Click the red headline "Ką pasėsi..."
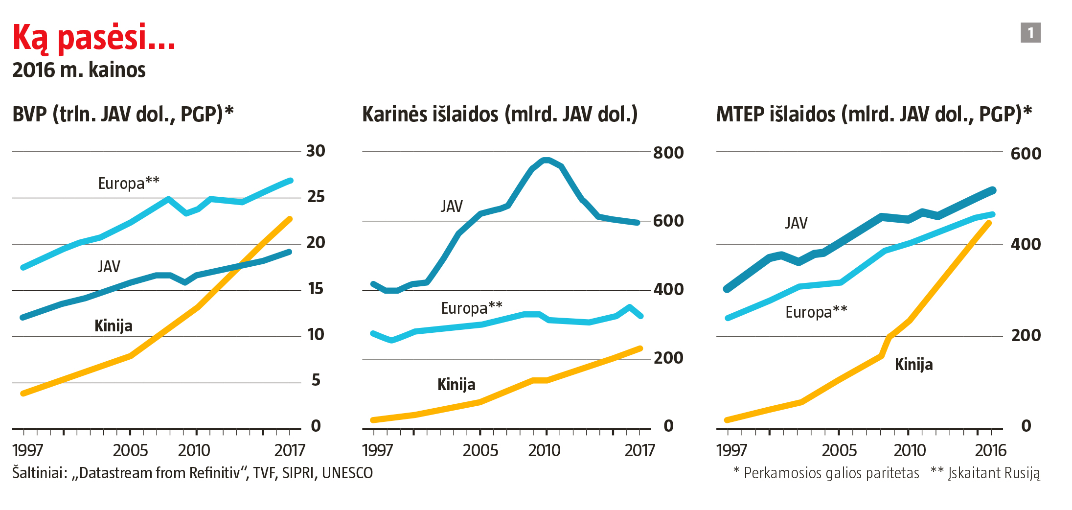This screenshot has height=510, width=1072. point(93,37)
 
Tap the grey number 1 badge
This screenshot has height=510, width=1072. point(1030,33)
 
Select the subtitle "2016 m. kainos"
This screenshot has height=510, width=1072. point(79,70)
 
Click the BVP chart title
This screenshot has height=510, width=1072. point(123,114)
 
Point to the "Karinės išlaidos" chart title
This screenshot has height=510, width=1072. point(500,114)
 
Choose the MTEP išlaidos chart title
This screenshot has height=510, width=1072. point(874,114)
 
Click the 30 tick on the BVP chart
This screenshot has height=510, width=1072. point(316,151)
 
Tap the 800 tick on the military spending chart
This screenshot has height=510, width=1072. point(668,153)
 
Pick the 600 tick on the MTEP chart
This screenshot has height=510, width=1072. point(1026,154)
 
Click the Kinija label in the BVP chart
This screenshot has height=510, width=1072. point(114,326)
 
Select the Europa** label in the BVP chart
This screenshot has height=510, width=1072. point(129,183)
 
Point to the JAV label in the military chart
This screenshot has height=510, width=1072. point(451,207)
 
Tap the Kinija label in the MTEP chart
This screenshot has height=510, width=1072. point(913,365)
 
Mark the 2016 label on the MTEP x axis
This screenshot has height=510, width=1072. point(990,450)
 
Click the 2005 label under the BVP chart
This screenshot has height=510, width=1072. point(130,450)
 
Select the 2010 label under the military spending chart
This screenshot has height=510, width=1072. point(544,450)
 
